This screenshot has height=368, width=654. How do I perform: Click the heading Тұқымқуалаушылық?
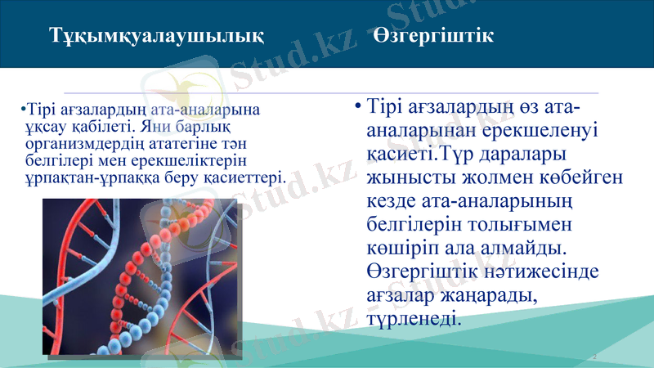[x=156, y=36]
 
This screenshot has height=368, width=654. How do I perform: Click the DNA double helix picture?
[x=139, y=278]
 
